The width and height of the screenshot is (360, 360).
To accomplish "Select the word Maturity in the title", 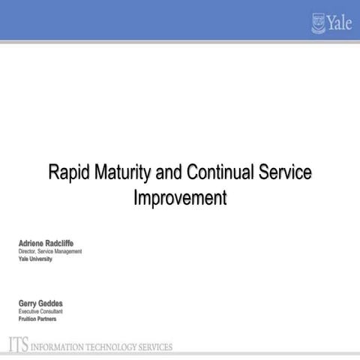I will point(123,172).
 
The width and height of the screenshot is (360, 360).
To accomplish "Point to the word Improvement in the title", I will point(180,199).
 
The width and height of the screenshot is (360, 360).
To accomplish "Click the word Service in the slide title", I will point(284,172).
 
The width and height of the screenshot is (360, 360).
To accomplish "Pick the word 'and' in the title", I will point(169,172).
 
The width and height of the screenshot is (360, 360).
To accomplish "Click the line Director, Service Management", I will point(50,251).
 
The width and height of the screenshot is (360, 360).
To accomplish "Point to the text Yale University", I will point(35,259).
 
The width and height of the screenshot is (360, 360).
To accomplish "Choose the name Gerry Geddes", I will point(41,303).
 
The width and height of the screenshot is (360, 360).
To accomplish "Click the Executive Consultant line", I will point(40,310).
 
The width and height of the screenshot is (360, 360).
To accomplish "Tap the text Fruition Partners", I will point(37,318).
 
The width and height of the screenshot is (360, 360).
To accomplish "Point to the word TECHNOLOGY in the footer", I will point(112,347).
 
